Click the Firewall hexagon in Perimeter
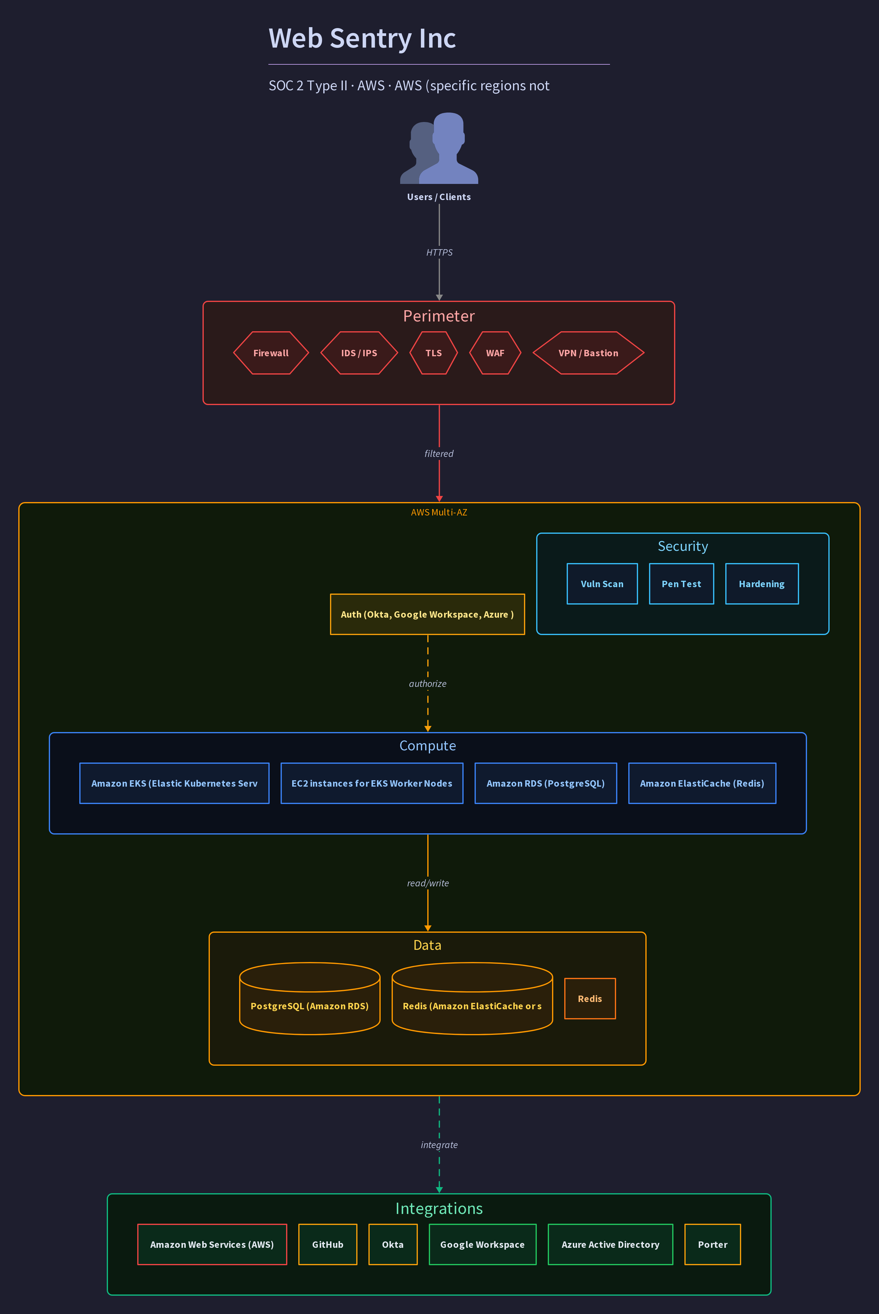click(271, 353)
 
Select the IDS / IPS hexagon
click(359, 353)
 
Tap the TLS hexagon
click(433, 353)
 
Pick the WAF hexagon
click(495, 353)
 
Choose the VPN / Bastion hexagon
click(588, 353)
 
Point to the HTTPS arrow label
click(439, 252)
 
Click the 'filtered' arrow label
click(439, 454)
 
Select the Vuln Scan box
click(602, 583)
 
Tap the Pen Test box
click(681, 583)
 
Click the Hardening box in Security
click(762, 583)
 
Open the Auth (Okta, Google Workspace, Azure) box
click(427, 614)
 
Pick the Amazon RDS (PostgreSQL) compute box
click(545, 783)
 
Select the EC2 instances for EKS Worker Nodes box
click(372, 783)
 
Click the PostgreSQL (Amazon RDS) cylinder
click(310, 998)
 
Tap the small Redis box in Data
click(590, 998)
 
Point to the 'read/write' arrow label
click(428, 883)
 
